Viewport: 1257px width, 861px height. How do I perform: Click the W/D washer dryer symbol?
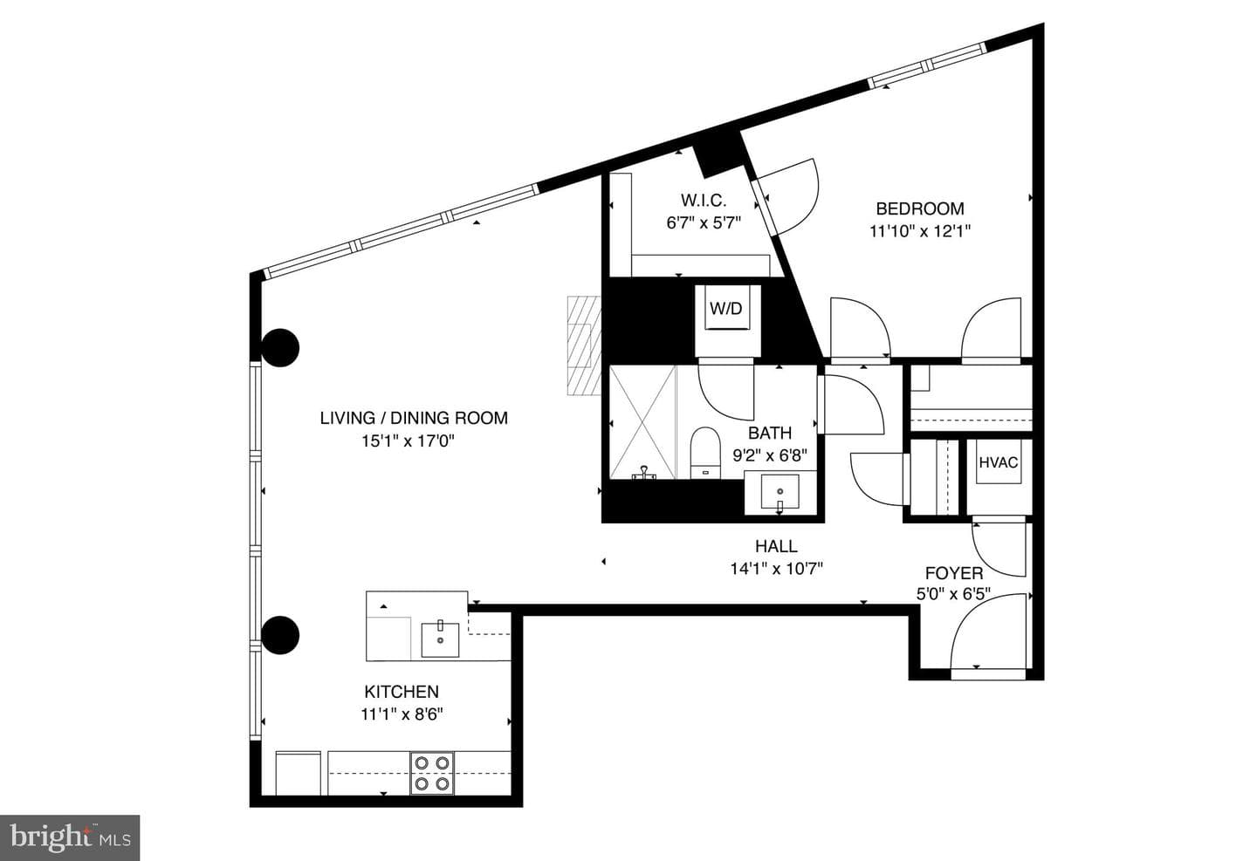728,308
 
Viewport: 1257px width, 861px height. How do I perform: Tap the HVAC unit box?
999,461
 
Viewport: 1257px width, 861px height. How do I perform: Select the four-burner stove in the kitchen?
432,774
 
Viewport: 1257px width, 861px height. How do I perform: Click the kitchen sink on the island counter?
441,639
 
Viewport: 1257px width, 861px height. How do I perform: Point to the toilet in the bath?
704,454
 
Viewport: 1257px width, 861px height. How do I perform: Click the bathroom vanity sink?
780,492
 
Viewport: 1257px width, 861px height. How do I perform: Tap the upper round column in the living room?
280,348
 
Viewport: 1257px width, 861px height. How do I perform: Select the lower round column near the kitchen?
280,635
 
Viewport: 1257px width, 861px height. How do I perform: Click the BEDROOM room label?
920,208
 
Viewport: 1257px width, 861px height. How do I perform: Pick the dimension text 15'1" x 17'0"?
408,441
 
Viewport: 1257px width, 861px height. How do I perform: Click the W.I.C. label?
704,200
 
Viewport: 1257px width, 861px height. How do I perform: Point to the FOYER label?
954,573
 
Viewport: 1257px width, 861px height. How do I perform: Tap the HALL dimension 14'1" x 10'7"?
776,569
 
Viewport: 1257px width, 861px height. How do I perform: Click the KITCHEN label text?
402,692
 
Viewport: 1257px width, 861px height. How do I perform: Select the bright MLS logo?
70,838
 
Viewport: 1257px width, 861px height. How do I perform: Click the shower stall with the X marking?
642,422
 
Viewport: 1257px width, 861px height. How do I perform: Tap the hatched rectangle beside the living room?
584,345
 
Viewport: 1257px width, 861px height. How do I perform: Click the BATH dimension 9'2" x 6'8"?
770,454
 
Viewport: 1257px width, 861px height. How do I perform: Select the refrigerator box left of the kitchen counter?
299,773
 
